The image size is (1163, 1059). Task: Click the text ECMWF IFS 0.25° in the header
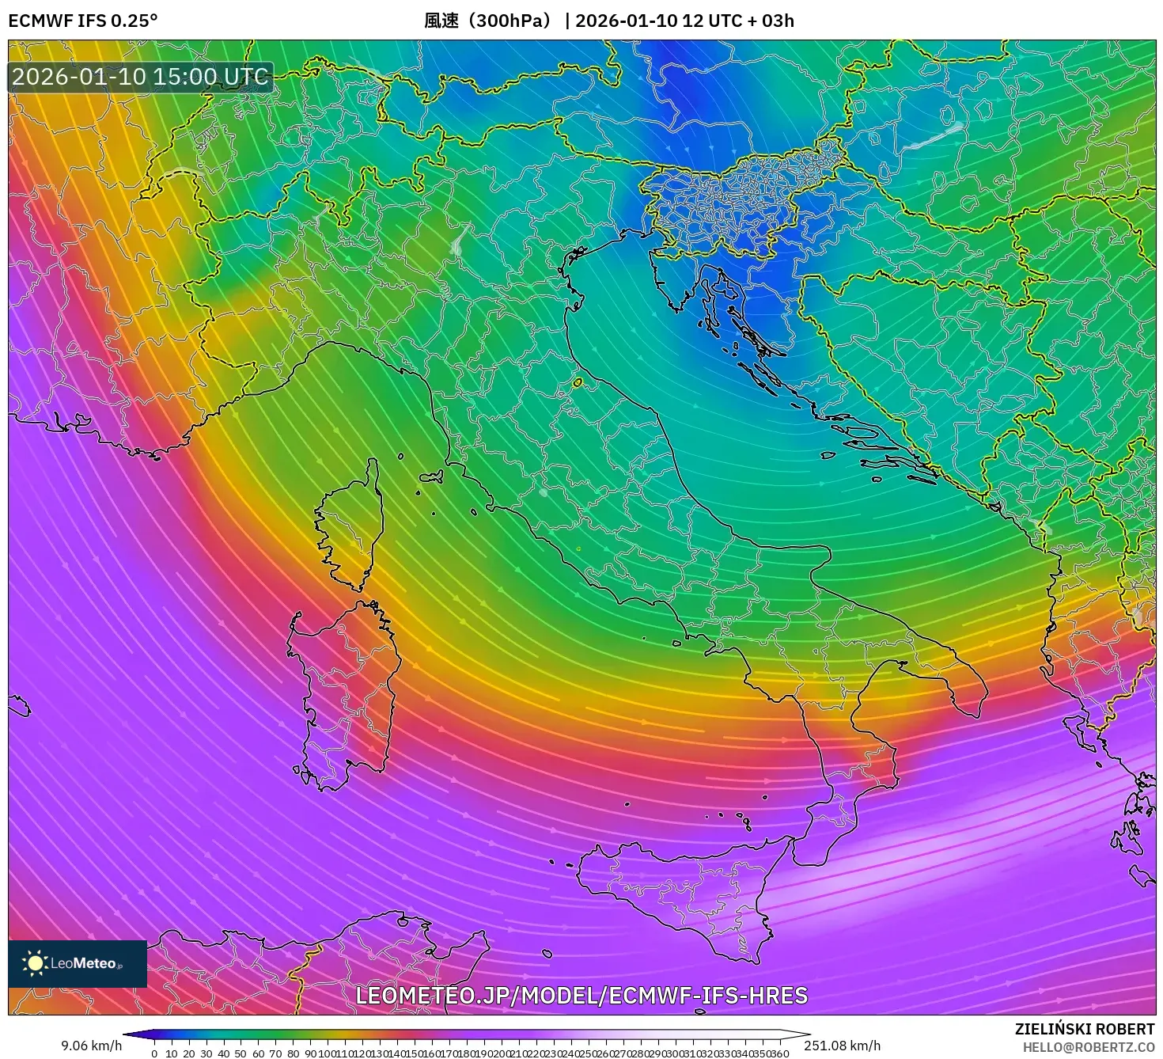83,21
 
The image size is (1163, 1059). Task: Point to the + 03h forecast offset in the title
769,21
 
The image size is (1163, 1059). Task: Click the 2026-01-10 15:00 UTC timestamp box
140,77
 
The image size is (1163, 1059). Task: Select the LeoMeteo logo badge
78,963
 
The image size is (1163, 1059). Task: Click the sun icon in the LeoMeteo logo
35,963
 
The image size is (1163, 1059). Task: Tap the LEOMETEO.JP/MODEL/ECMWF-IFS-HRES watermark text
581,995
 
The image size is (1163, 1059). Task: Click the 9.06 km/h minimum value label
92,1046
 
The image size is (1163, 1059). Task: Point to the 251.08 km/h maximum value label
842,1046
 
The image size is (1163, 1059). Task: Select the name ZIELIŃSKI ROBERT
1085,1029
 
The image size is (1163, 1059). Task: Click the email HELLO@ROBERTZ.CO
1089,1047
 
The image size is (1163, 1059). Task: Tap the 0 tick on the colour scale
154,1053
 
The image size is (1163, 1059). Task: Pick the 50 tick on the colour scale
241,1053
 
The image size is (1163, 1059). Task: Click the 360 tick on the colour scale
780,1053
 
